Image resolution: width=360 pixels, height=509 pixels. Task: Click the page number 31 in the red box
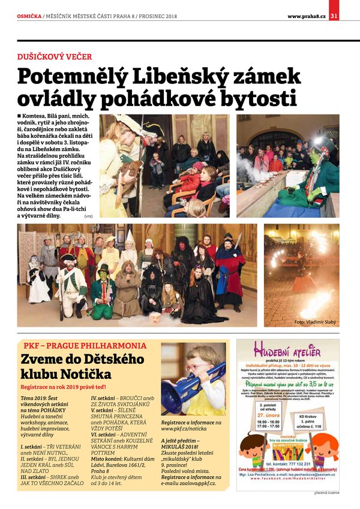point(335,15)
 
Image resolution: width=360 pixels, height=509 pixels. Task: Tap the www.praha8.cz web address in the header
point(306,16)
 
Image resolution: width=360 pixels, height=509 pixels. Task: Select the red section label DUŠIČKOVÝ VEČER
point(55,56)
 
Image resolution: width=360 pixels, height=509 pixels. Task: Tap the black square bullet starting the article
point(20,115)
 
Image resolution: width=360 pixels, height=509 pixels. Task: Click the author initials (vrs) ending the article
point(88,215)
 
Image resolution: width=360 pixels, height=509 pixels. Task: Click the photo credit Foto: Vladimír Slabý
point(316,322)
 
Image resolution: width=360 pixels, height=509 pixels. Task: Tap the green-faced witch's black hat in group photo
point(103,270)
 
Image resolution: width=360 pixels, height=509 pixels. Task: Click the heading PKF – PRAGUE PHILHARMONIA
point(85,346)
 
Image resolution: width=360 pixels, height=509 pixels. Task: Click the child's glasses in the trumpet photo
point(197,366)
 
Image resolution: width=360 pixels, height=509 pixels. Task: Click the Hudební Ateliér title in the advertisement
point(287,351)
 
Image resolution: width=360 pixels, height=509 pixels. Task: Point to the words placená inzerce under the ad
point(326,493)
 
